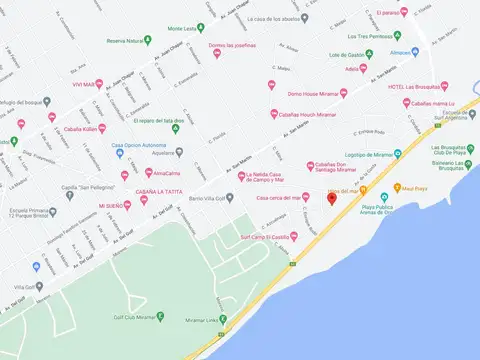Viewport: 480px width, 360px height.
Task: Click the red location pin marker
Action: point(332,198)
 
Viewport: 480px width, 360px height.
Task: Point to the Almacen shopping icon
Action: point(413,52)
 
